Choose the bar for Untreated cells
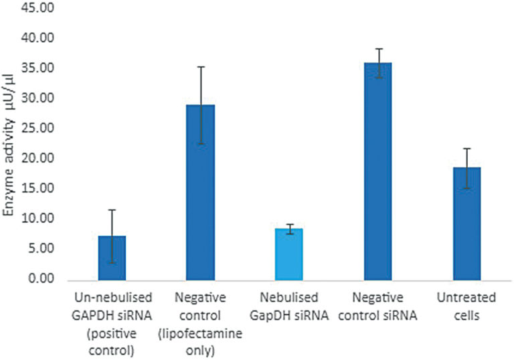tap(466, 223)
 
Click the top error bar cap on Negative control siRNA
tap(377, 49)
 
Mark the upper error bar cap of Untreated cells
tap(466, 149)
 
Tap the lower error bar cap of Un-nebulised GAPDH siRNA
tap(112, 262)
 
